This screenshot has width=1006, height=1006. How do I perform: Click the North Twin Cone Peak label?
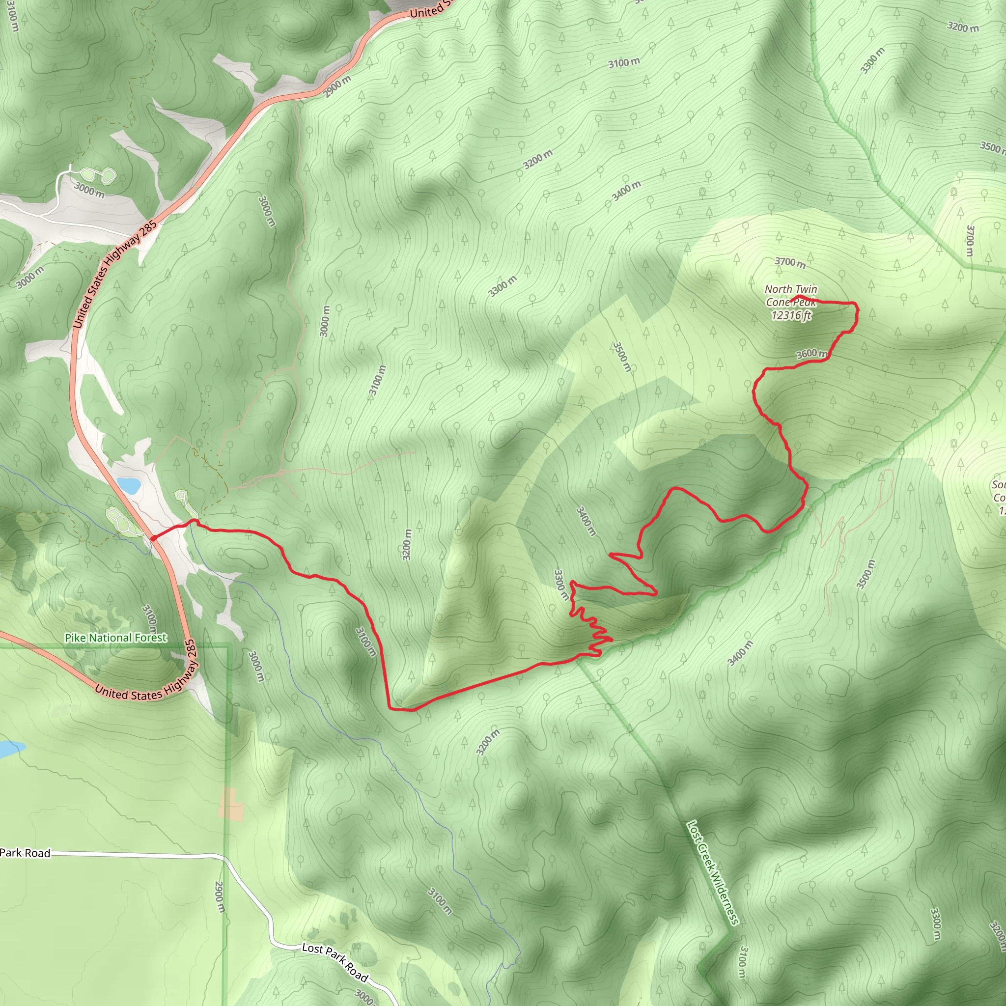tap(790, 295)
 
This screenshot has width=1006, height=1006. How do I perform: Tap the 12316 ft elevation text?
tap(791, 315)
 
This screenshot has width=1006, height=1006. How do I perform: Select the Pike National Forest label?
tap(115, 638)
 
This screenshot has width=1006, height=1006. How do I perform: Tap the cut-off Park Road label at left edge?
tap(25, 853)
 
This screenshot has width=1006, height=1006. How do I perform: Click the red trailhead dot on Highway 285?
tap(154, 538)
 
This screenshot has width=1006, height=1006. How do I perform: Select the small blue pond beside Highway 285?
tap(129, 485)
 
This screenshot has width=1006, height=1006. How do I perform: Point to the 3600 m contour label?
tap(811, 354)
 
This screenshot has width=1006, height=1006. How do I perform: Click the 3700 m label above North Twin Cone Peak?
tap(789, 262)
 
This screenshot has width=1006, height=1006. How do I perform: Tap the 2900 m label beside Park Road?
tap(220, 896)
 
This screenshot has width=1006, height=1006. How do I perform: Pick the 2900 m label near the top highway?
tap(337, 86)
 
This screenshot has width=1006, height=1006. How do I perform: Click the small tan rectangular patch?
tap(231, 804)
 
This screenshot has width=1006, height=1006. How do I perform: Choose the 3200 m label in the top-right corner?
tap(962, 27)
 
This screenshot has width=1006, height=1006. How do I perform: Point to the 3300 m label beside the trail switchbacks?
tap(561, 585)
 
